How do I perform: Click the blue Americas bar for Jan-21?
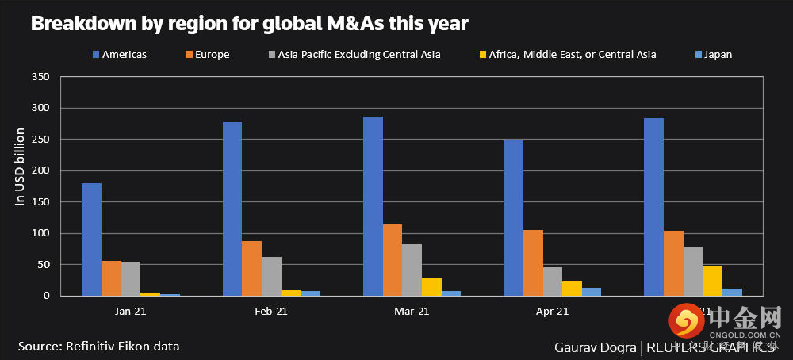pos(91,239)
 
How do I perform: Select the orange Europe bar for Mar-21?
pos(393,260)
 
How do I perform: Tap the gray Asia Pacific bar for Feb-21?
pos(271,276)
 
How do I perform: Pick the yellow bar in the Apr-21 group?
pos(572,289)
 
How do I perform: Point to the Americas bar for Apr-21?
pos(513,218)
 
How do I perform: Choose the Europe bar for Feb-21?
pos(252,268)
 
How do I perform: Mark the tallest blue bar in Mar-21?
pos(373,206)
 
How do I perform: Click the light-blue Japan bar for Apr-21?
pos(592,292)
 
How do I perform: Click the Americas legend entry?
pos(119,55)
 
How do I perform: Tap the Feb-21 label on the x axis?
pos(271,312)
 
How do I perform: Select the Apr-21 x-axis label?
pos(553,312)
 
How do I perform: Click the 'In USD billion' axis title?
pos(21,167)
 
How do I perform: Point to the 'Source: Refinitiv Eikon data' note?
pos(99,347)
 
